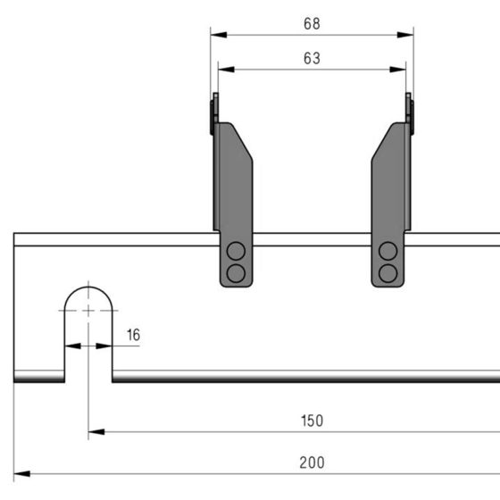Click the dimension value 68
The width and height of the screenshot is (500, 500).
pos(312,24)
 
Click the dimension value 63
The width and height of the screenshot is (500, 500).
pos(312,58)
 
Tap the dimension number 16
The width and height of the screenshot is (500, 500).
pos(133,335)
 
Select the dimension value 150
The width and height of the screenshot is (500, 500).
pos(312,421)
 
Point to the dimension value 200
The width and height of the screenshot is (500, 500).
pos(312,462)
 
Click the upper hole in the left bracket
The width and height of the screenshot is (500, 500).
pos(236,251)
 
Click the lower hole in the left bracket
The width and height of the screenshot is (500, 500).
pos(236,273)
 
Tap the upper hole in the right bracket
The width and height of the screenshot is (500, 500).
pos(387,251)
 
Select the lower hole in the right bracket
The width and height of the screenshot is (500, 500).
pos(387,273)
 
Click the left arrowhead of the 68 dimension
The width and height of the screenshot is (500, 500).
pos(219,35)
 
